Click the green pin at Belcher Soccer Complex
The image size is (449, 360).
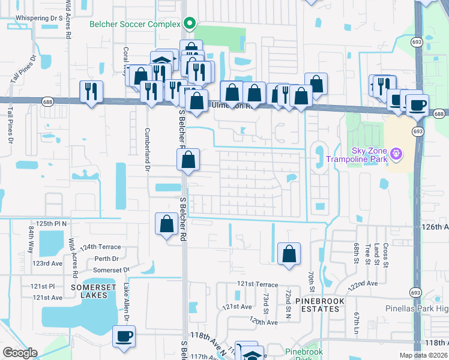[190, 24]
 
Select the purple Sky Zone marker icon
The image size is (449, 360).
[395, 154]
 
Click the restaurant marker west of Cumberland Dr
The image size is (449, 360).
[91, 92]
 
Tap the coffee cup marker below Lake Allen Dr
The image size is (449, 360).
[124, 337]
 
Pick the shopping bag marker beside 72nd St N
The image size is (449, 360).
[289, 253]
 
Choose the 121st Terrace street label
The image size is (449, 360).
[258, 284]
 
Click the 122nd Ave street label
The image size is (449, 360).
[364, 283]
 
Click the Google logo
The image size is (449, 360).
[20, 353]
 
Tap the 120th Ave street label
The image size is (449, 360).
[264, 322]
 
